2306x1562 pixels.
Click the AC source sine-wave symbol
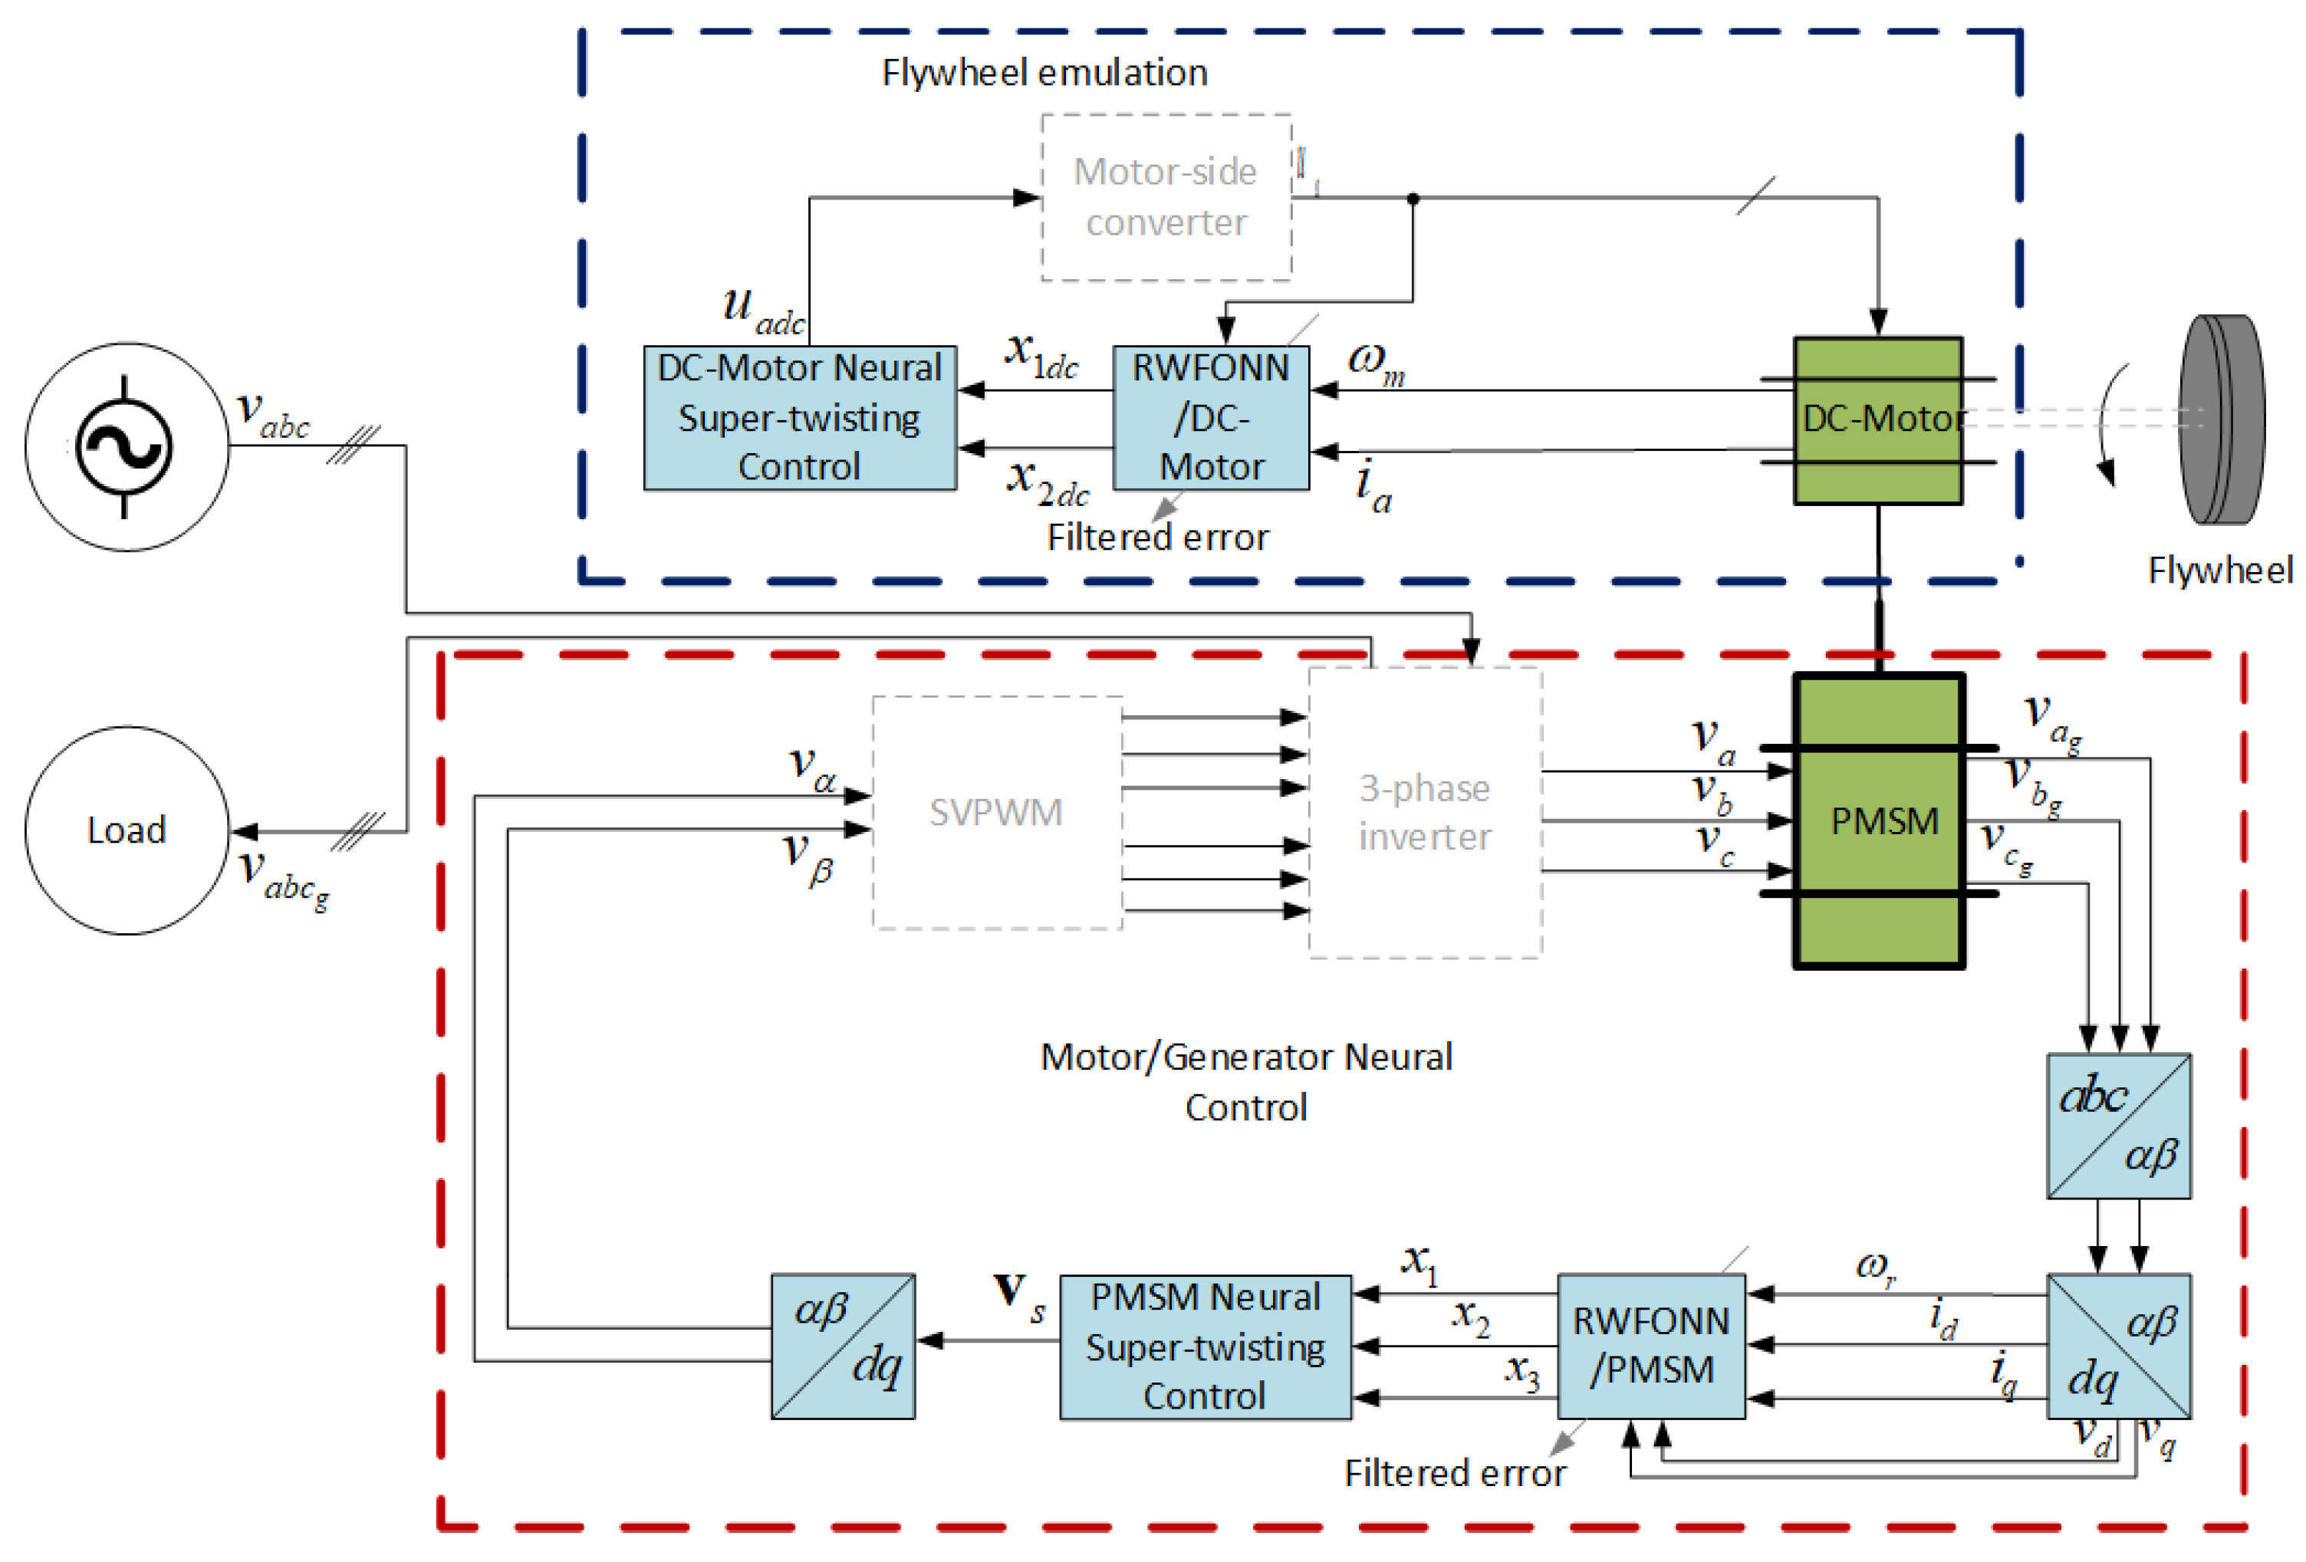point(124,446)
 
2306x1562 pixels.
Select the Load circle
point(127,830)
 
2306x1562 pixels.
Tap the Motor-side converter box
point(1166,198)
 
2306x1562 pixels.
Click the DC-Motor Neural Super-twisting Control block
point(800,418)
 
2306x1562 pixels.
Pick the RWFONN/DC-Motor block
point(1211,418)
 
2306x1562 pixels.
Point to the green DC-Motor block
point(1877,419)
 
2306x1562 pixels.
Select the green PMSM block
point(1878,820)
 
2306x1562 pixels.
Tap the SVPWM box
point(996,813)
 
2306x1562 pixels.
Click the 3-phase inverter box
point(1425,813)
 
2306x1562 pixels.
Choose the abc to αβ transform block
point(2118,1126)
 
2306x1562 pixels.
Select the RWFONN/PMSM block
point(1650,1346)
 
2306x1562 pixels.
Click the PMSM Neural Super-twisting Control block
point(1205,1346)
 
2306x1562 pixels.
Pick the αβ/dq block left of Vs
point(843,1346)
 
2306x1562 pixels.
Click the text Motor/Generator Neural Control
point(1245,1082)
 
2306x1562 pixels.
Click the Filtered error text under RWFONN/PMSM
point(1455,1474)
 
